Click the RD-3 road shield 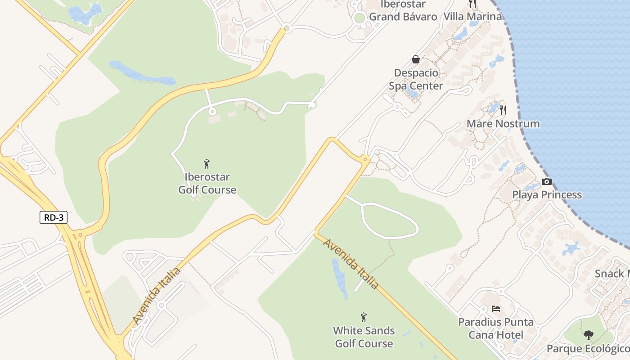(x=54, y=217)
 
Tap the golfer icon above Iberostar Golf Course (x=207, y=164)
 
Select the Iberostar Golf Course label (x=207, y=184)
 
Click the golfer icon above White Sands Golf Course (x=364, y=317)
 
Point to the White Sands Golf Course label (x=364, y=337)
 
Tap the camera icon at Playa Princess (x=547, y=181)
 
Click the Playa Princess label (x=547, y=195)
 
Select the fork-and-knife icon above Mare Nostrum (x=503, y=110)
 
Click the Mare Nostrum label (x=503, y=123)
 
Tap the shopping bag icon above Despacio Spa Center (x=416, y=59)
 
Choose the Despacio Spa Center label (x=416, y=79)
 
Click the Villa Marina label (x=472, y=17)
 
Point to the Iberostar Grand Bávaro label (x=403, y=11)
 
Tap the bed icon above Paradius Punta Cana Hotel (x=495, y=309)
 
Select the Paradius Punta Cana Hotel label (x=495, y=328)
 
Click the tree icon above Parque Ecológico (x=588, y=335)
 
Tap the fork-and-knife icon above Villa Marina (x=472, y=4)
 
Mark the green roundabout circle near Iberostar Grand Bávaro (x=359, y=18)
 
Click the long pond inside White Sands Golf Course (x=339, y=279)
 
